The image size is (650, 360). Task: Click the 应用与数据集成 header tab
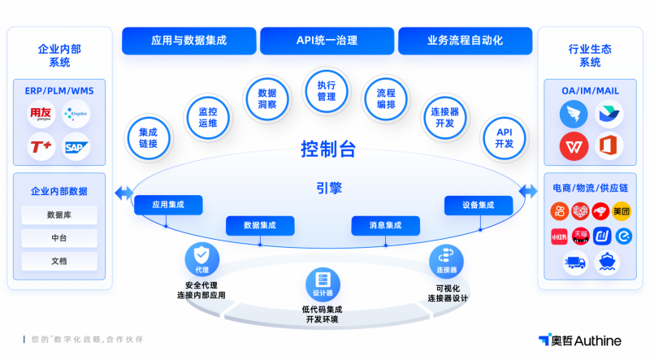click(x=188, y=40)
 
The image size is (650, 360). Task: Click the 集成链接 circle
click(x=148, y=137)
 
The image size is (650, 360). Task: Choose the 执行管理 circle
click(x=326, y=91)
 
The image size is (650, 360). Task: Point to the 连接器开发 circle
click(x=444, y=117)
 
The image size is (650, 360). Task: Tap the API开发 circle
click(x=504, y=137)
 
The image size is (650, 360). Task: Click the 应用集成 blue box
click(x=167, y=206)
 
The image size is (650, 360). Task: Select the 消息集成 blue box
click(x=385, y=225)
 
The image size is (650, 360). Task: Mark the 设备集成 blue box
click(x=478, y=206)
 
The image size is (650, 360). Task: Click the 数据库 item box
click(x=58, y=215)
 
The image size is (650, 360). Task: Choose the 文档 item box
click(x=58, y=261)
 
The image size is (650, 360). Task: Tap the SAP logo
click(x=76, y=147)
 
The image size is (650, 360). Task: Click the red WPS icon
click(x=573, y=146)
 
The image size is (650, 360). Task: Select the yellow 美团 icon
click(x=622, y=212)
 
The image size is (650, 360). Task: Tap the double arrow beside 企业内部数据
click(x=123, y=193)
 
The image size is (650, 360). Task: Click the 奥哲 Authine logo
click(x=579, y=340)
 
